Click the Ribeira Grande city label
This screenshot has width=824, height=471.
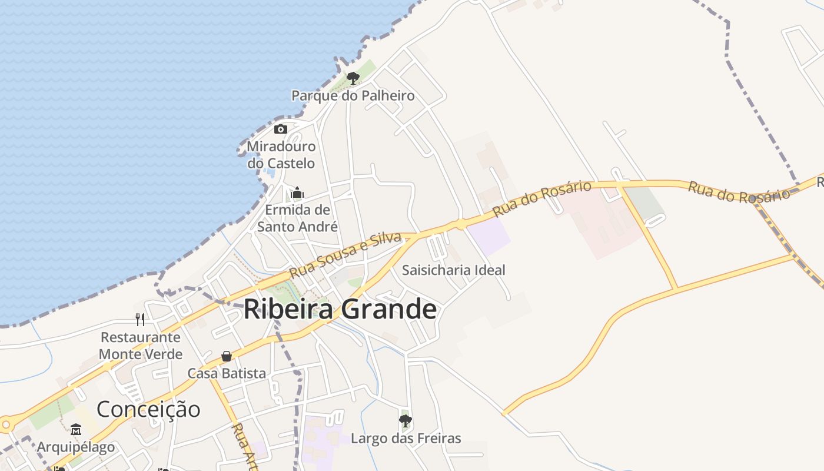340,309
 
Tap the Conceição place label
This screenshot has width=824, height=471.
148,409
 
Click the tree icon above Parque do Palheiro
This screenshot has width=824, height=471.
353,78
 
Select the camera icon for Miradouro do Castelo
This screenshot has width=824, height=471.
281,129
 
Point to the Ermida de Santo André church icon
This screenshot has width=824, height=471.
297,193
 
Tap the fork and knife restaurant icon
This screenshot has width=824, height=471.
140,319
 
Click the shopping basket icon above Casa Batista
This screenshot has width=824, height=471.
227,356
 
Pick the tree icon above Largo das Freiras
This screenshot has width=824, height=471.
405,420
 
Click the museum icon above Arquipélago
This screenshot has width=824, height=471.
76,429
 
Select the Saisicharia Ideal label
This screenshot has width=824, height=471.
453,270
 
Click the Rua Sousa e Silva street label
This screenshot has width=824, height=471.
345,255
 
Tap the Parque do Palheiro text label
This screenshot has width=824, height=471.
353,95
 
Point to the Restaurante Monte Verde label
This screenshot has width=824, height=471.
141,346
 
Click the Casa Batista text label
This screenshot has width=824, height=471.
227,373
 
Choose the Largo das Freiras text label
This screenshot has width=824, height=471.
406,438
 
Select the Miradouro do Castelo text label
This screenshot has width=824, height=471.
281,154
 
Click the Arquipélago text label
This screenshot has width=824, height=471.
76,447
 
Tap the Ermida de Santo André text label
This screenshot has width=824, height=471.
298,218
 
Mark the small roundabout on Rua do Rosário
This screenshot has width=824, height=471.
461,224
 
